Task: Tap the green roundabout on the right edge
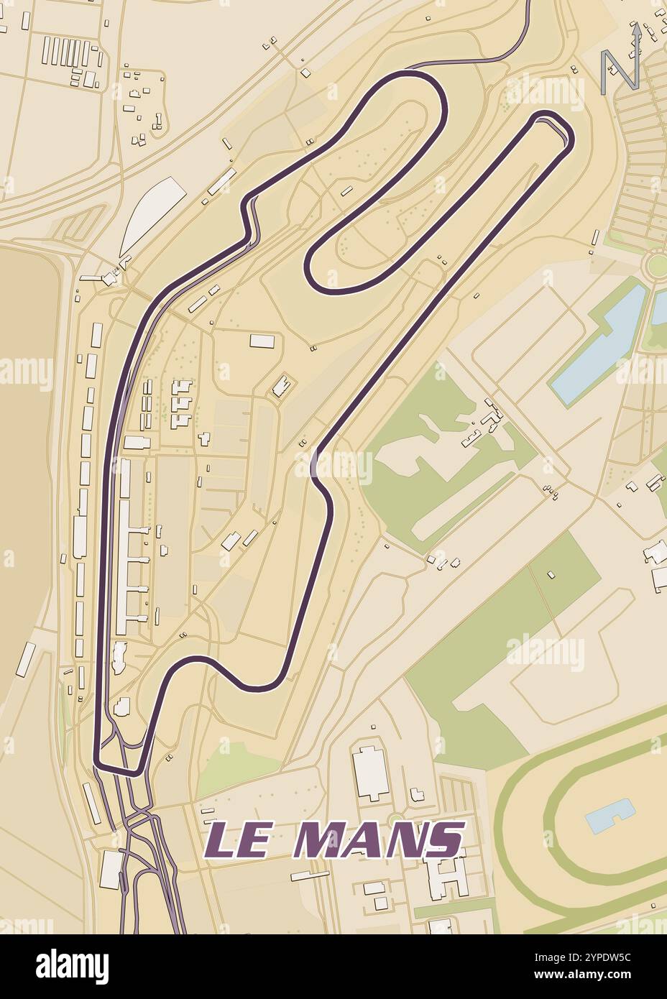click(655, 264)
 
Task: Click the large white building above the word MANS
click(370, 773)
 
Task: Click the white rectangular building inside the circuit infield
click(261, 341)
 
